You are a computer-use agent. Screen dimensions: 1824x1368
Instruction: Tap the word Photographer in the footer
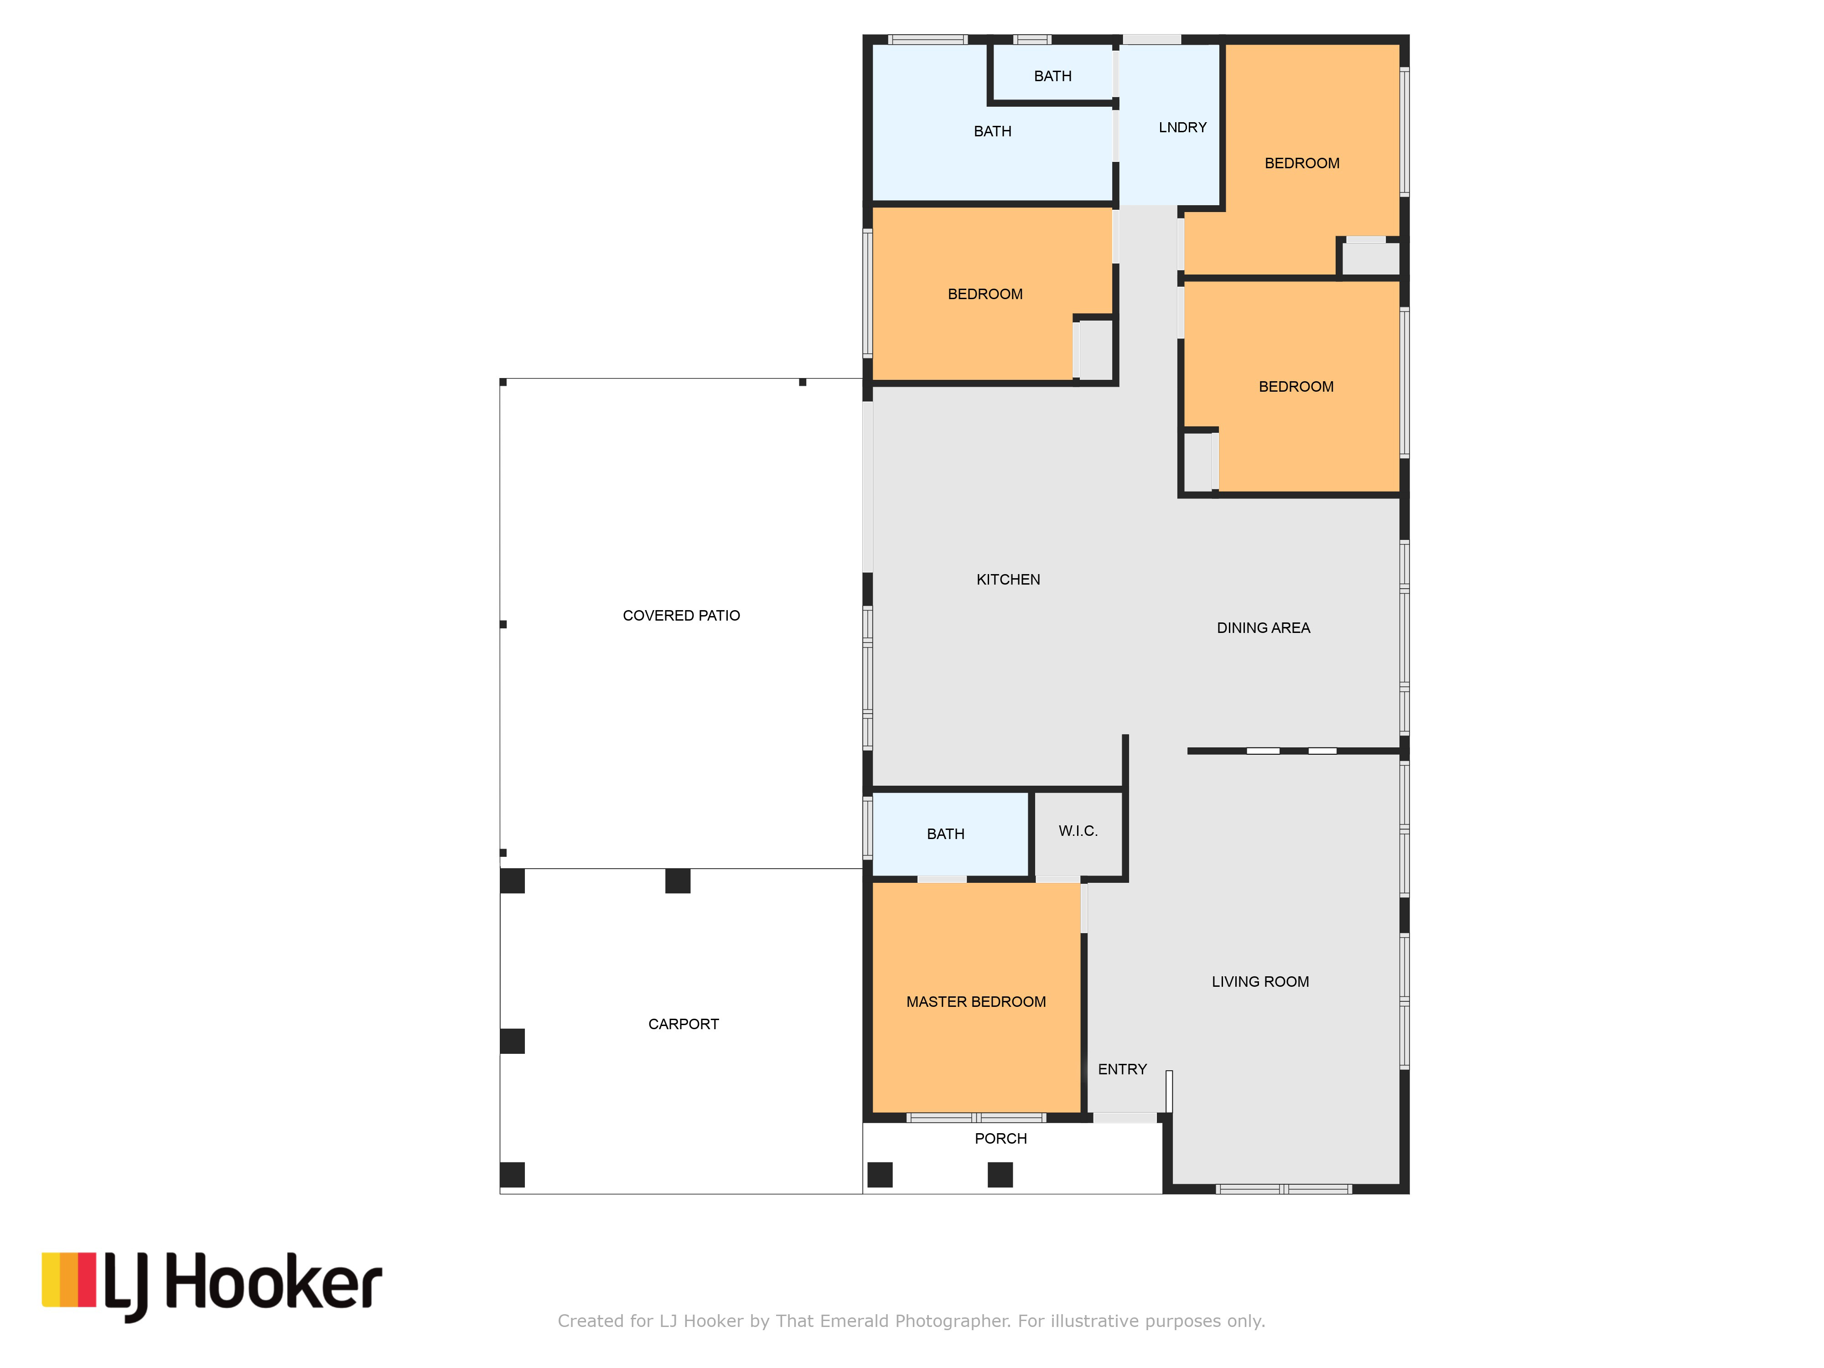tap(953, 1321)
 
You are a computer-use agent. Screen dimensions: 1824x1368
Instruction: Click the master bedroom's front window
tap(976, 1118)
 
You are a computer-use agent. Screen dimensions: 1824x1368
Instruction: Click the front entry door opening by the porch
tap(1125, 1118)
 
